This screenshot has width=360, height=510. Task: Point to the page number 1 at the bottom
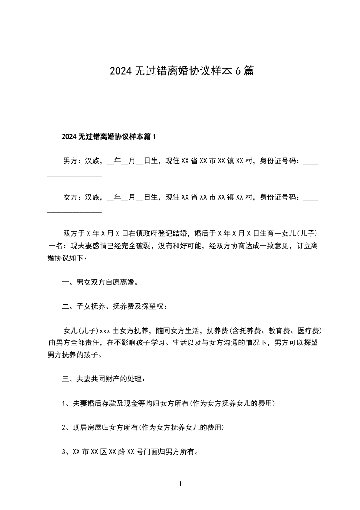point(180,485)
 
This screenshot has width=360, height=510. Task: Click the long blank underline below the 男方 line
point(74,175)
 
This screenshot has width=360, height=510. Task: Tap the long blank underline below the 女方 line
point(74,211)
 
